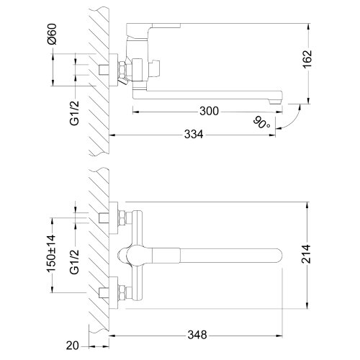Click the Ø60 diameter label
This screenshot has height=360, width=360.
tap(52, 34)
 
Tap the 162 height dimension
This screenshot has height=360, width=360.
tap(307, 59)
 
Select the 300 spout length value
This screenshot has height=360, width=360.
tap(210, 111)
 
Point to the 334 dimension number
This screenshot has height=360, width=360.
tap(194, 134)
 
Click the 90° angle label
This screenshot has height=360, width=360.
tap(261, 122)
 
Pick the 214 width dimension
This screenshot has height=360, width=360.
tap(306, 254)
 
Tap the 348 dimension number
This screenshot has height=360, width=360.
tap(197, 335)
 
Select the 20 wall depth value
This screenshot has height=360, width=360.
tap(72, 346)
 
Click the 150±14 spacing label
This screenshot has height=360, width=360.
tap(51, 253)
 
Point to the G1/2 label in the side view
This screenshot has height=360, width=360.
tap(74, 113)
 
